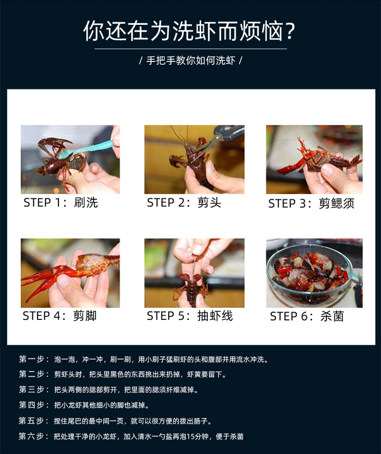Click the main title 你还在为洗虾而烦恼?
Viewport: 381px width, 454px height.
[189, 30]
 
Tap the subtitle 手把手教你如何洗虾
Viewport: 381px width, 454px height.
[190, 60]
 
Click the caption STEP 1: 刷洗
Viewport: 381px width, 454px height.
[60, 203]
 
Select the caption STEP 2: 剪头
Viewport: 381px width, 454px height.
[184, 203]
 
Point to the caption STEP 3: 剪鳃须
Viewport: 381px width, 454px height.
[311, 204]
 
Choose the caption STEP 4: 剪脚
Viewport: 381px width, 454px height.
[59, 316]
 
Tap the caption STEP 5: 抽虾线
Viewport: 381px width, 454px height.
[189, 316]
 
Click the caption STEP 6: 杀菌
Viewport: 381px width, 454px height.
[307, 316]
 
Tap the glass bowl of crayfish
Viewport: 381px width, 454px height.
[309, 274]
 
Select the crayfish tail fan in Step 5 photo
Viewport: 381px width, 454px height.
[190, 278]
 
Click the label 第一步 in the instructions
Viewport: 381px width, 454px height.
[32, 359]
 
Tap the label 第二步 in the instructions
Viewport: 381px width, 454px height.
[32, 374]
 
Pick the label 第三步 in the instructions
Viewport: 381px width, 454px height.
[32, 390]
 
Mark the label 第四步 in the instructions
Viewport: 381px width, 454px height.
[32, 405]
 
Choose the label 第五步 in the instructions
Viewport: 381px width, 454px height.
[32, 420]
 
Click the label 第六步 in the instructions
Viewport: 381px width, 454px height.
[32, 436]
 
